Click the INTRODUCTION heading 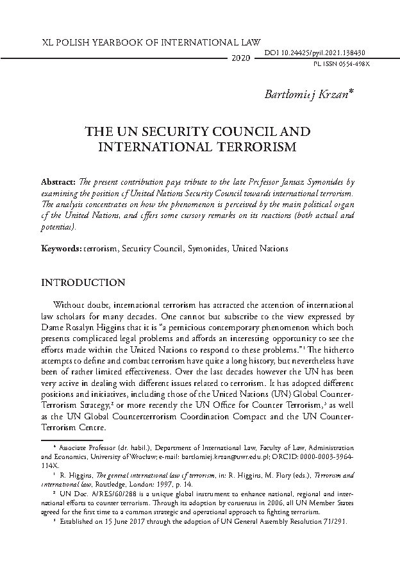pos(83,283)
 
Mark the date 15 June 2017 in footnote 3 pos(119,521)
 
